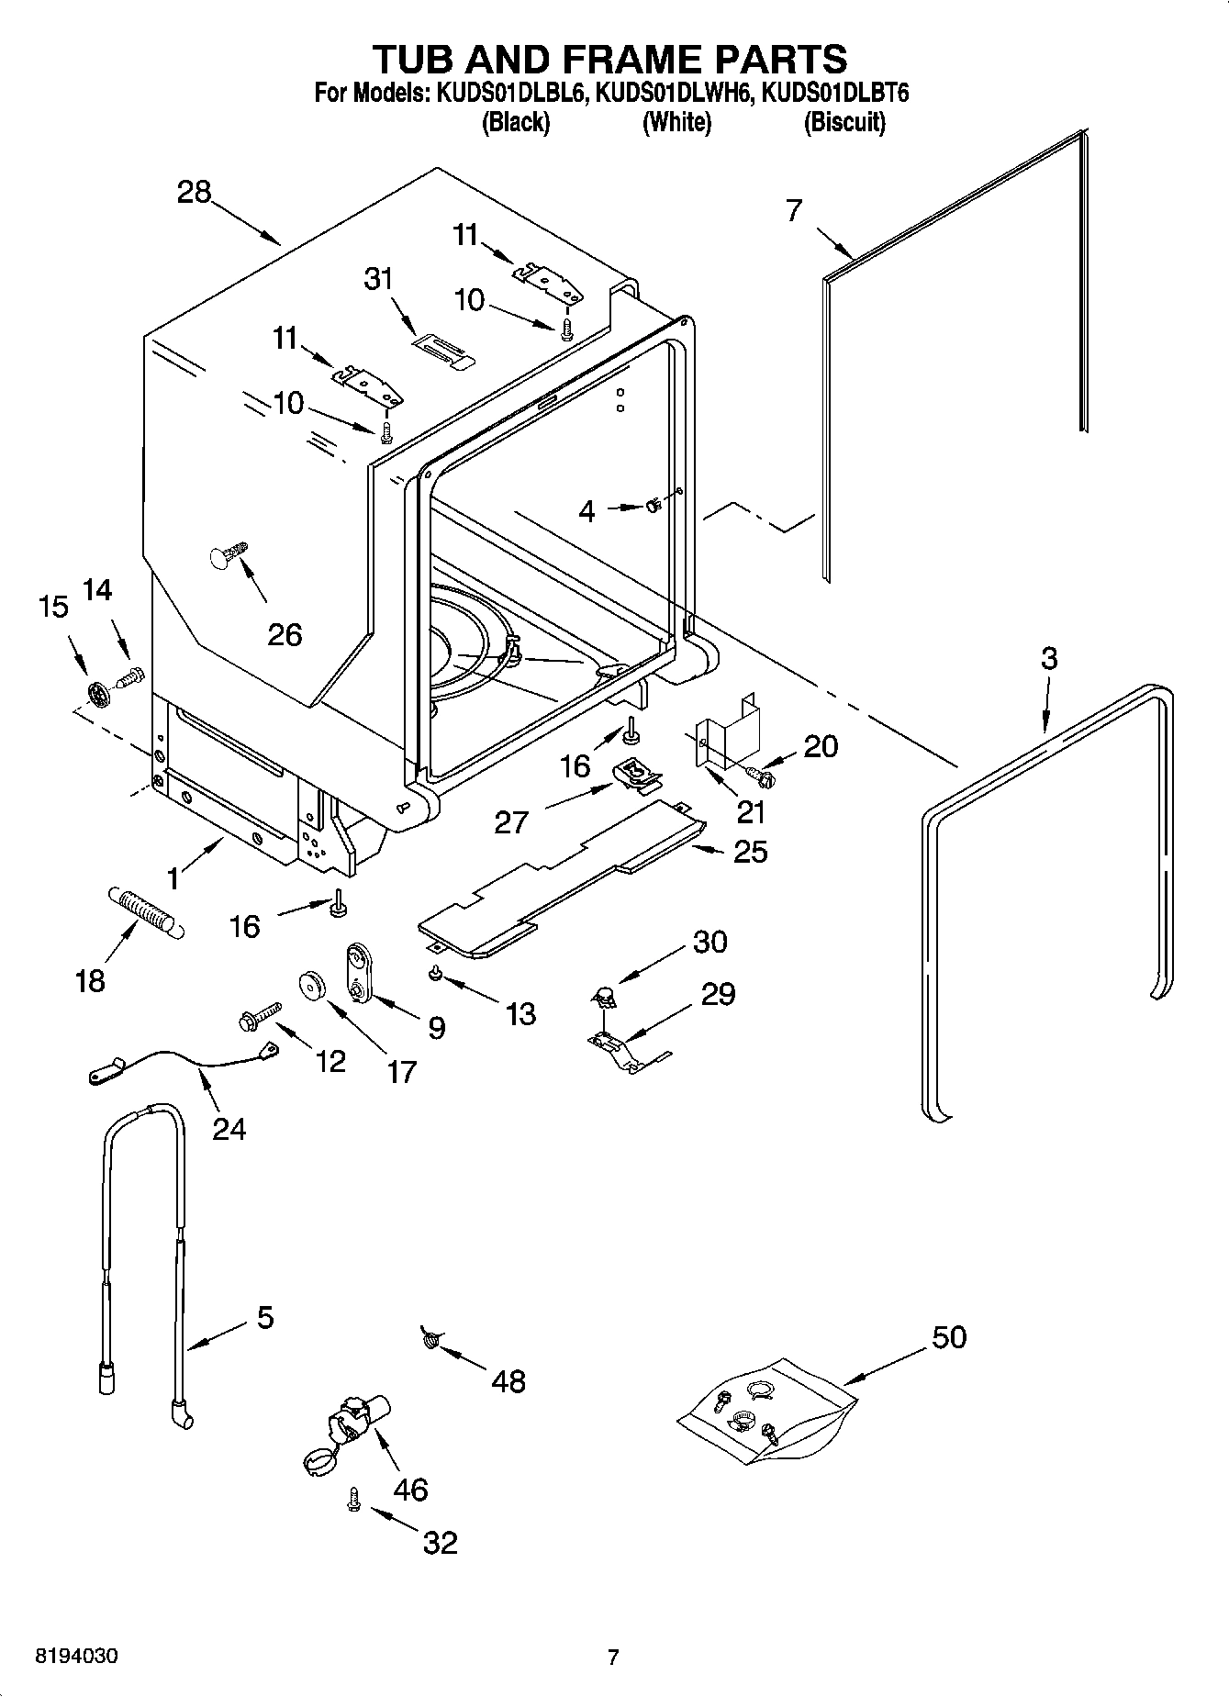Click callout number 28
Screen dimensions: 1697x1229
(x=195, y=193)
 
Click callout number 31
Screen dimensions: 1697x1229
(x=378, y=278)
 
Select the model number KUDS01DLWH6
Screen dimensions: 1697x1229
(x=675, y=93)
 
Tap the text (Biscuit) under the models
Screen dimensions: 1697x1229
(x=844, y=123)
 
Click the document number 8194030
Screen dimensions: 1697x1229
(x=76, y=1657)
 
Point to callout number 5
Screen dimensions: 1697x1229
(x=264, y=1319)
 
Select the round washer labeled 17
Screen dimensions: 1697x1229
(x=314, y=987)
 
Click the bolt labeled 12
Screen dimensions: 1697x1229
(x=259, y=1017)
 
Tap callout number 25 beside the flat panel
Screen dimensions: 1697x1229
(x=751, y=852)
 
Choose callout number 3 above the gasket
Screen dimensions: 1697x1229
(x=1049, y=658)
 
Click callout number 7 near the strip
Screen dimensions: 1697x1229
(x=794, y=210)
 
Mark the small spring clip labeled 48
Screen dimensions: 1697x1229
(x=429, y=1341)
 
